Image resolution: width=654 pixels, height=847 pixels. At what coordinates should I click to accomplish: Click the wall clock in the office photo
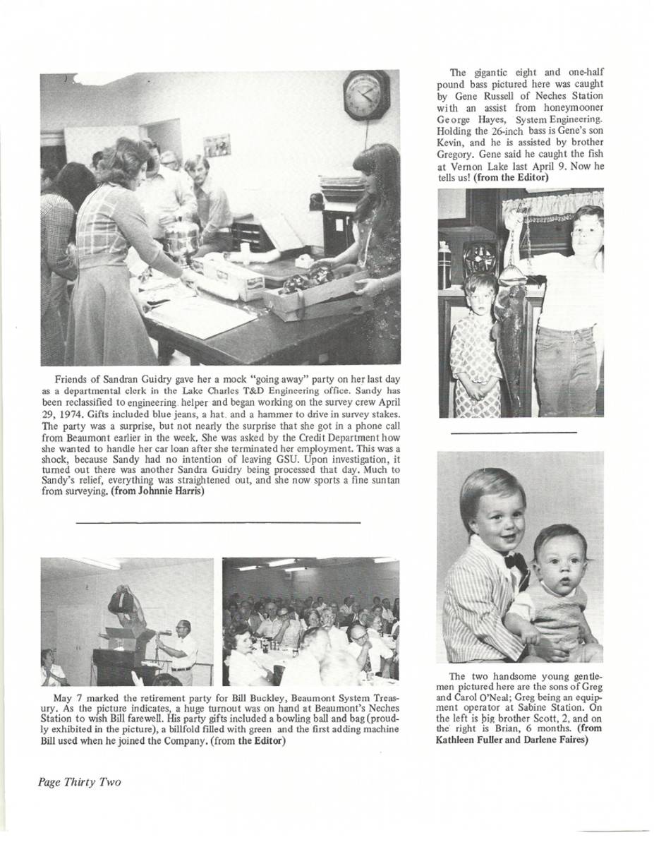pyautogui.click(x=366, y=95)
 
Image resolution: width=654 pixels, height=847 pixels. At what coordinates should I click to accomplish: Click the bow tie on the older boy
pyautogui.click(x=515, y=563)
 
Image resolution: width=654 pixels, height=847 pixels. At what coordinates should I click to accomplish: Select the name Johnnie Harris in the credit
pyautogui.click(x=167, y=492)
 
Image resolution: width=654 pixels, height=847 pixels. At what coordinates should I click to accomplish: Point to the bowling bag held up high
pyautogui.click(x=121, y=600)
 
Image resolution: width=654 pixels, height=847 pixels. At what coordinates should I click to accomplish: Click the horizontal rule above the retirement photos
pyautogui.click(x=217, y=522)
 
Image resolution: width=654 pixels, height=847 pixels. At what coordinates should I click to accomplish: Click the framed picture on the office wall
pyautogui.click(x=217, y=145)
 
